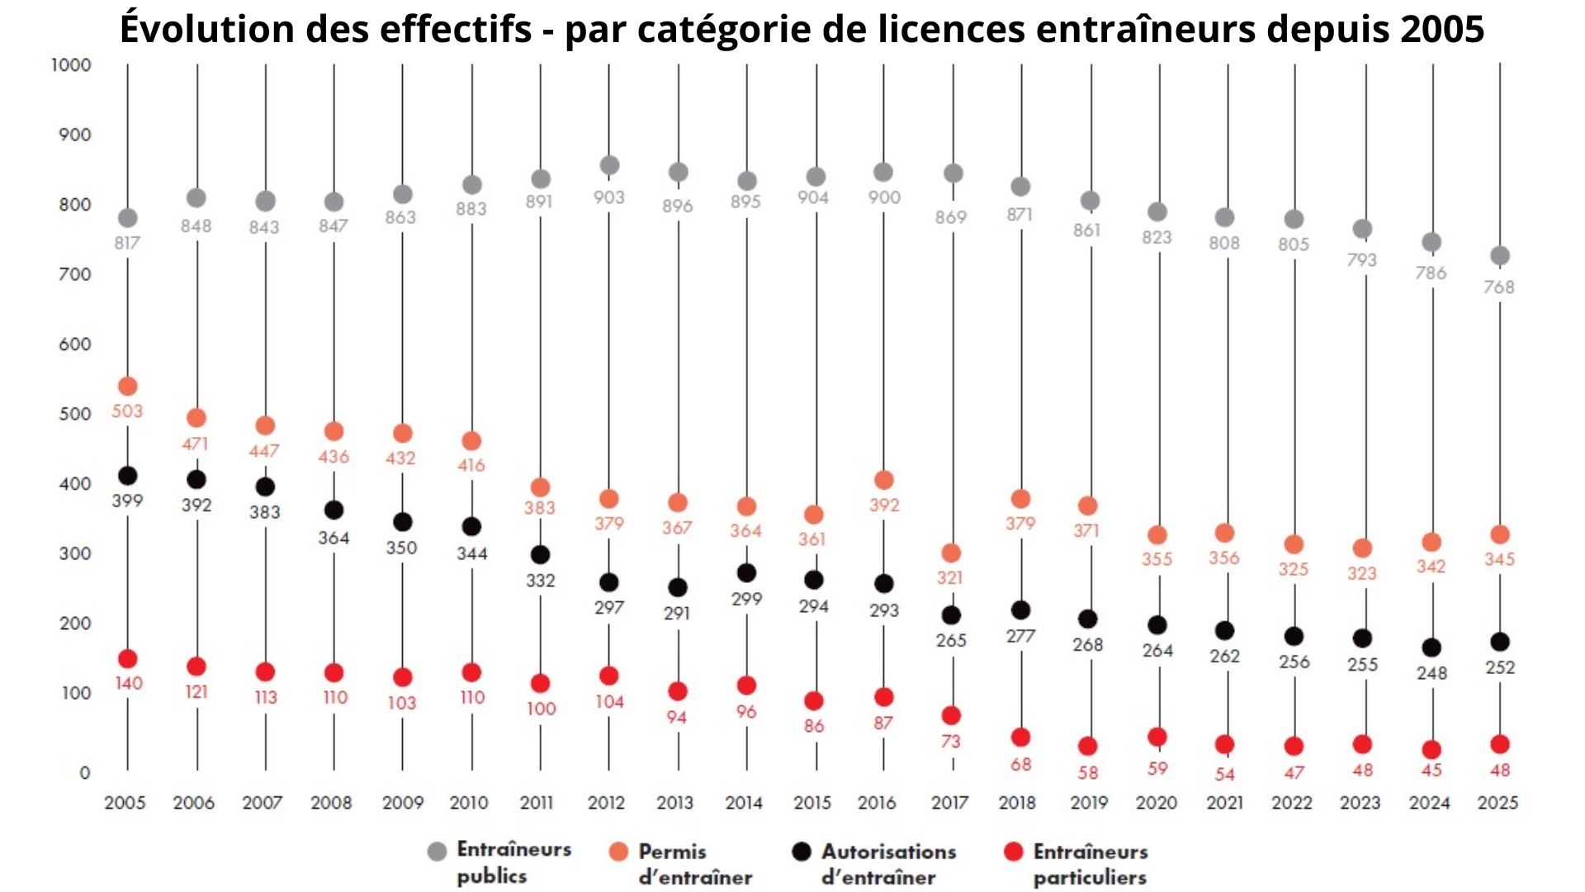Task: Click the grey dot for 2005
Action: click(x=127, y=218)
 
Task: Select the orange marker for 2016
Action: click(x=883, y=480)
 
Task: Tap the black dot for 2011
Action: click(x=540, y=554)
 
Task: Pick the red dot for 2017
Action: click(x=951, y=715)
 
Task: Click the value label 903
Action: click(x=609, y=197)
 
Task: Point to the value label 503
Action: click(x=127, y=410)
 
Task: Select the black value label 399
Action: click(x=127, y=501)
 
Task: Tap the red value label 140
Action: click(x=128, y=683)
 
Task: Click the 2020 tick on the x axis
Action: click(x=1156, y=802)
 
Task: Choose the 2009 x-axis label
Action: click(x=402, y=802)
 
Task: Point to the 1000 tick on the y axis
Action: click(x=71, y=65)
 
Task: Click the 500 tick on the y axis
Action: click(x=74, y=414)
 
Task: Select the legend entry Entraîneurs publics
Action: click(x=499, y=863)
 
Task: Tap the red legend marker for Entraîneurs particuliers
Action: click(x=1014, y=852)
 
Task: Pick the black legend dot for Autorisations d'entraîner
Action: click(x=801, y=852)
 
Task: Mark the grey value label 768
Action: click(x=1498, y=287)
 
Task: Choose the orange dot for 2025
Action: click(x=1500, y=534)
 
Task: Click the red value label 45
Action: click(x=1431, y=770)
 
